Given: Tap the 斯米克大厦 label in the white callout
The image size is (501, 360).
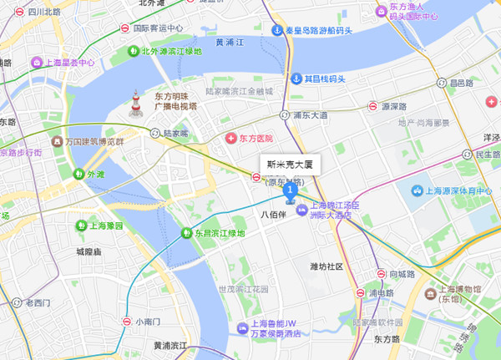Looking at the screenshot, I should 288,165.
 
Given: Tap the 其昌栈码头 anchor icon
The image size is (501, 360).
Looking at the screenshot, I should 296,79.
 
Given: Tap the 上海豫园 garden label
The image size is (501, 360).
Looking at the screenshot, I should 105,226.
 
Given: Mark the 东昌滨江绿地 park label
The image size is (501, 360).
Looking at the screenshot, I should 220,233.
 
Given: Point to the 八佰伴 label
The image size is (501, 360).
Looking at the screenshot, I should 274,215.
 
